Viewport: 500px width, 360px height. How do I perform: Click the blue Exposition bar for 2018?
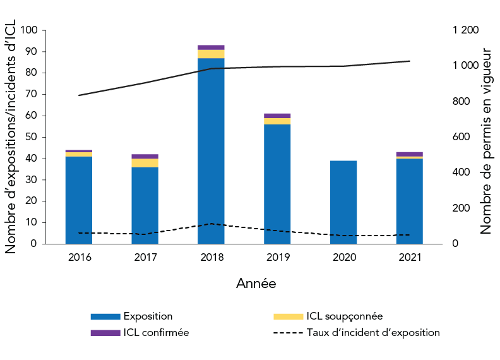211,152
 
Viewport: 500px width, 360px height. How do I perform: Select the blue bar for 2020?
343,202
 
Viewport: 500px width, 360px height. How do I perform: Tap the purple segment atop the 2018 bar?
211,47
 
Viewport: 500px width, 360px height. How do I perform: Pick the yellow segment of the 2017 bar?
145,163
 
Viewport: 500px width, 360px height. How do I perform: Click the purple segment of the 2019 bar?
277,116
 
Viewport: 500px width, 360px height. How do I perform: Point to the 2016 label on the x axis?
79,257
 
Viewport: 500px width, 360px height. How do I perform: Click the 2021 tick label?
410,257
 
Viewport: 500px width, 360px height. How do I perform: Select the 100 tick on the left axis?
29,30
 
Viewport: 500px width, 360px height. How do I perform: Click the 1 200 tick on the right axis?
466,30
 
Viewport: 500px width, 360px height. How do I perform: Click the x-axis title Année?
256,284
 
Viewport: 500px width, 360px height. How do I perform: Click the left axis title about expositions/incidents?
11,137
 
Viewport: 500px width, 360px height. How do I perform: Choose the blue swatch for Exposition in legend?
105,316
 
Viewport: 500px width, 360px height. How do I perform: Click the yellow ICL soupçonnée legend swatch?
288,316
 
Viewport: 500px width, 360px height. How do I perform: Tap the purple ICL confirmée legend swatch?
105,332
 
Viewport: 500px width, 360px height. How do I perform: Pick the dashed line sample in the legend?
288,332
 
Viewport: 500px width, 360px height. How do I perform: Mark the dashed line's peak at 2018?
211,224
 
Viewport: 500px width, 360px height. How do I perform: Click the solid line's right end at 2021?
410,61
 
